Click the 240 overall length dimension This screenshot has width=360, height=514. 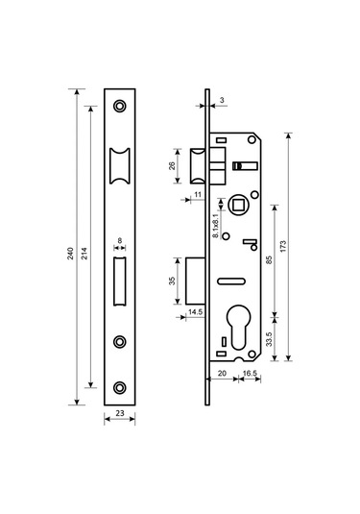point(70,254)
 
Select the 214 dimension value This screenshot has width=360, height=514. point(84,254)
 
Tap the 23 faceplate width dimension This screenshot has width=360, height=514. point(120,413)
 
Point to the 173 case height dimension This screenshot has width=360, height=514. point(283,246)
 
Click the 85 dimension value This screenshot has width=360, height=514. point(269,260)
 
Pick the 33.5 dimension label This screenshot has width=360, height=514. point(269,339)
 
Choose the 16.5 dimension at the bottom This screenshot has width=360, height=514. point(250,373)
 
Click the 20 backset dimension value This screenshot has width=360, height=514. point(222,373)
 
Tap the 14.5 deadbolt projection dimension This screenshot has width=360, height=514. point(196,311)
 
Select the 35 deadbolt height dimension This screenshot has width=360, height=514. point(172,281)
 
